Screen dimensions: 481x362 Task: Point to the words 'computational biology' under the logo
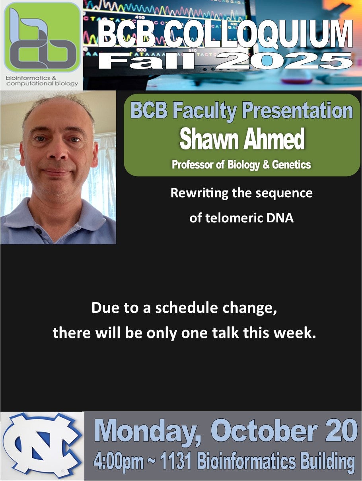click(x=42, y=84)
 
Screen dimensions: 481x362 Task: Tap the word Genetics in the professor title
click(x=291, y=165)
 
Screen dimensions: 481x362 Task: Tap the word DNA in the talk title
click(x=281, y=218)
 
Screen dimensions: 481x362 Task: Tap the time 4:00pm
click(x=119, y=461)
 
